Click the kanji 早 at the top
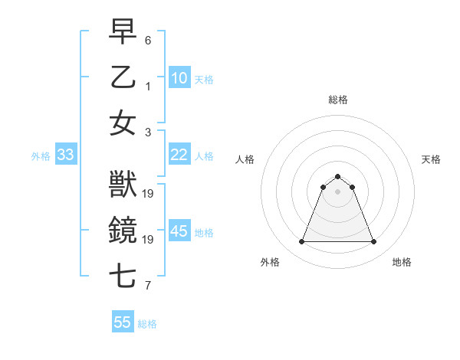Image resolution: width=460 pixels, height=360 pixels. [123, 32]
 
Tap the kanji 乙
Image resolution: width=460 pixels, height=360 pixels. [123, 77]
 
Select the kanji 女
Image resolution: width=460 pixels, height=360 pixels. [123, 123]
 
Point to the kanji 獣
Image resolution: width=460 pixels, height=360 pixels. [123, 185]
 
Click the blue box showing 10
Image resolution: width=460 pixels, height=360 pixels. [179, 77]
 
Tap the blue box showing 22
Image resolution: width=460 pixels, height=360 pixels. [179, 155]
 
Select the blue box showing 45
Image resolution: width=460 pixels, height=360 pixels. [179, 231]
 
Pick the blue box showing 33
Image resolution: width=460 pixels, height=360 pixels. [65, 155]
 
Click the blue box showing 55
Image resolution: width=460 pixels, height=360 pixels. [123, 322]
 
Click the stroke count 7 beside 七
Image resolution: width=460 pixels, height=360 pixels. [148, 286]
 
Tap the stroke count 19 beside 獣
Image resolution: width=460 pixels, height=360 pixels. [149, 193]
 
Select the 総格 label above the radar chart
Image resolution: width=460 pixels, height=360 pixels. [338, 100]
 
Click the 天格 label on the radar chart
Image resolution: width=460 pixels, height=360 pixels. [431, 159]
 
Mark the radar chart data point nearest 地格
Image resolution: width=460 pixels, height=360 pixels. [374, 242]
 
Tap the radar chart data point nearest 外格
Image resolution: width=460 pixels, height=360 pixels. [301, 242]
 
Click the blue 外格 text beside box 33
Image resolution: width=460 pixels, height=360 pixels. [41, 155]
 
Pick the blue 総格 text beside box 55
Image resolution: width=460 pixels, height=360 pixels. [147, 324]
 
